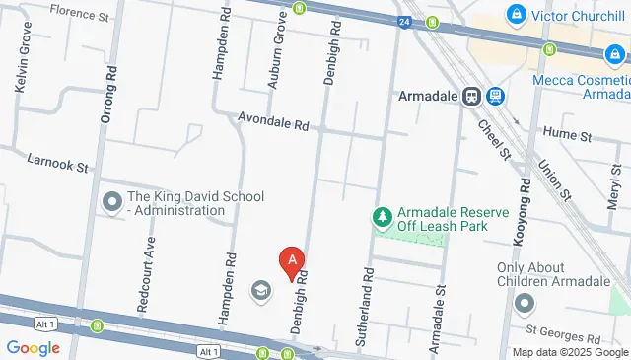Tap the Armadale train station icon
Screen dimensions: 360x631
tap(472, 97)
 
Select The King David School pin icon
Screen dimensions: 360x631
tap(112, 203)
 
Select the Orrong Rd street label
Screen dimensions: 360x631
tap(107, 94)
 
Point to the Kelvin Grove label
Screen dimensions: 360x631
tap(23, 66)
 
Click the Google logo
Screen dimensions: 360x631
tap(34, 347)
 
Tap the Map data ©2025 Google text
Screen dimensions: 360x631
tap(569, 352)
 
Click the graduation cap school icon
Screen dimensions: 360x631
tap(260, 290)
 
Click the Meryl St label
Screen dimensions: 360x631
tap(615, 184)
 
